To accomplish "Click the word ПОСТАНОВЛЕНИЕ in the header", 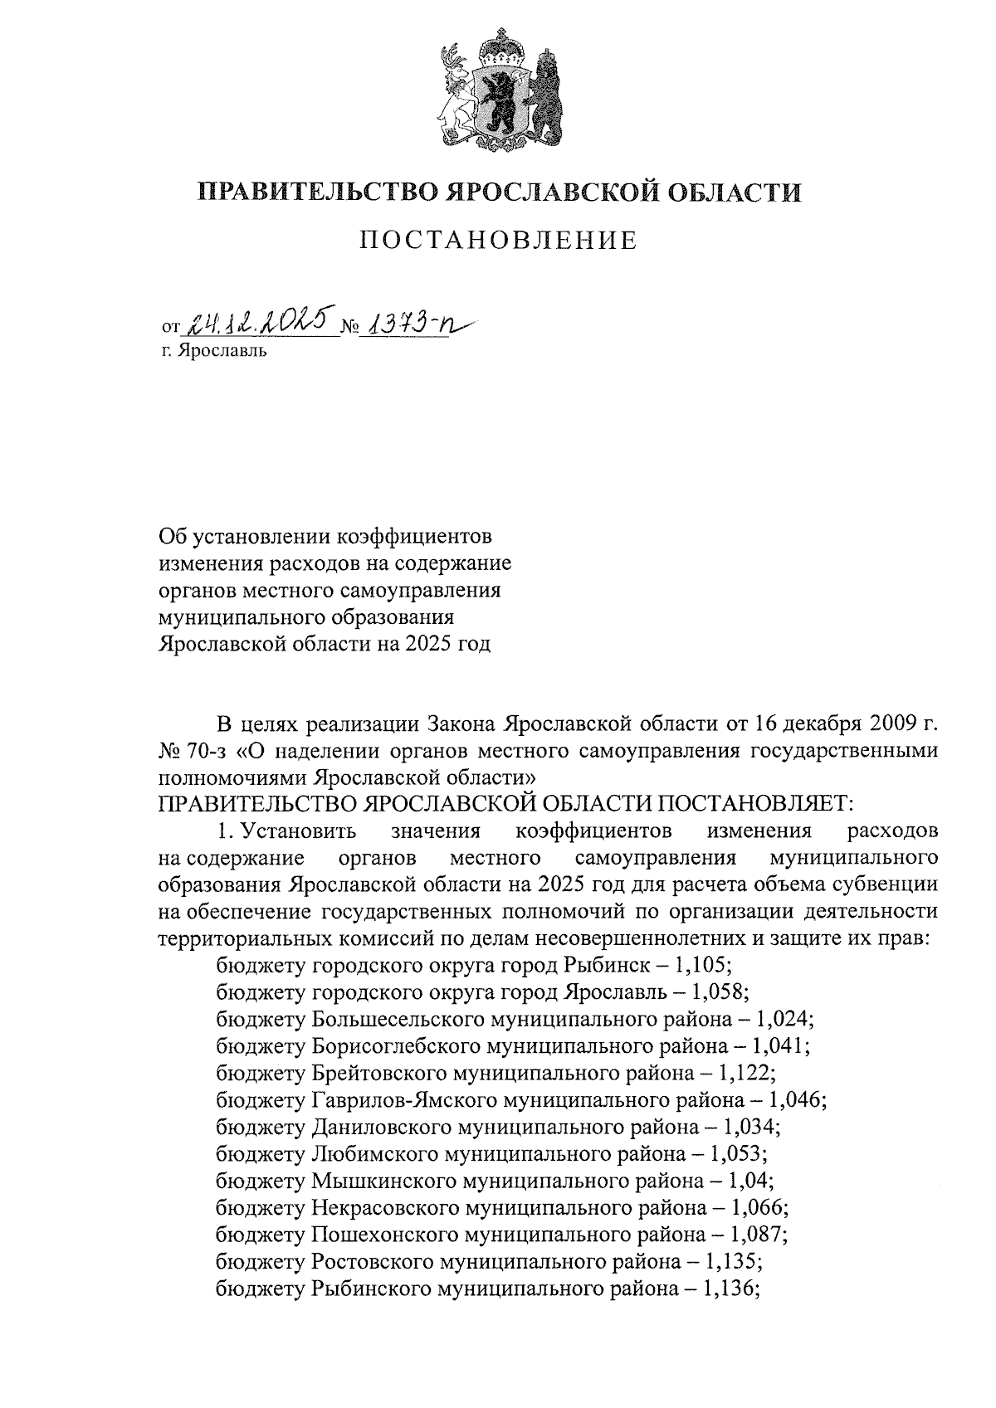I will pos(498,241).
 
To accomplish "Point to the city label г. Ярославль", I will pos(215,351).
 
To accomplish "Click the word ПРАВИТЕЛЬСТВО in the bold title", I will pos(315,192).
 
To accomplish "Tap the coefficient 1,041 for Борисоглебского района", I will pos(779,1045).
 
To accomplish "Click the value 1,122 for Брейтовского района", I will pos(744,1073).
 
